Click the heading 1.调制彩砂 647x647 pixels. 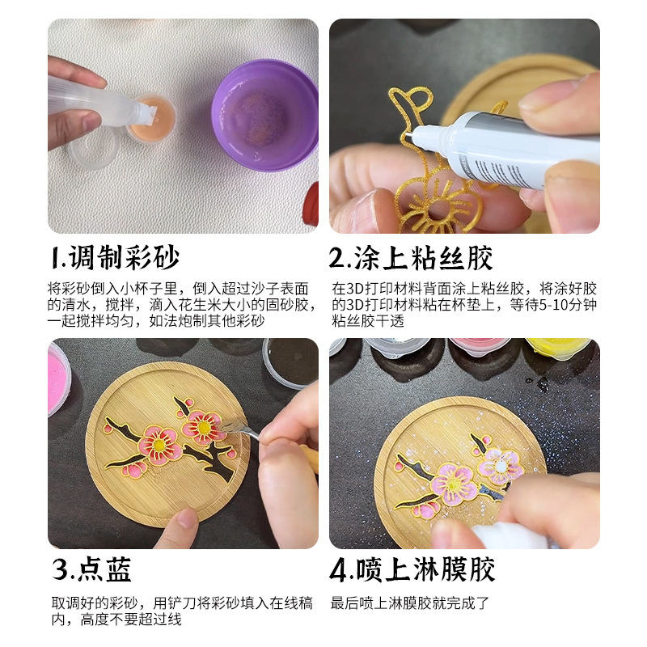(115, 258)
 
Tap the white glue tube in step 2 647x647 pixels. (518, 150)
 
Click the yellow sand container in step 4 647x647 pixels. (558, 352)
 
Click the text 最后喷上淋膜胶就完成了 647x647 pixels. (410, 603)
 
